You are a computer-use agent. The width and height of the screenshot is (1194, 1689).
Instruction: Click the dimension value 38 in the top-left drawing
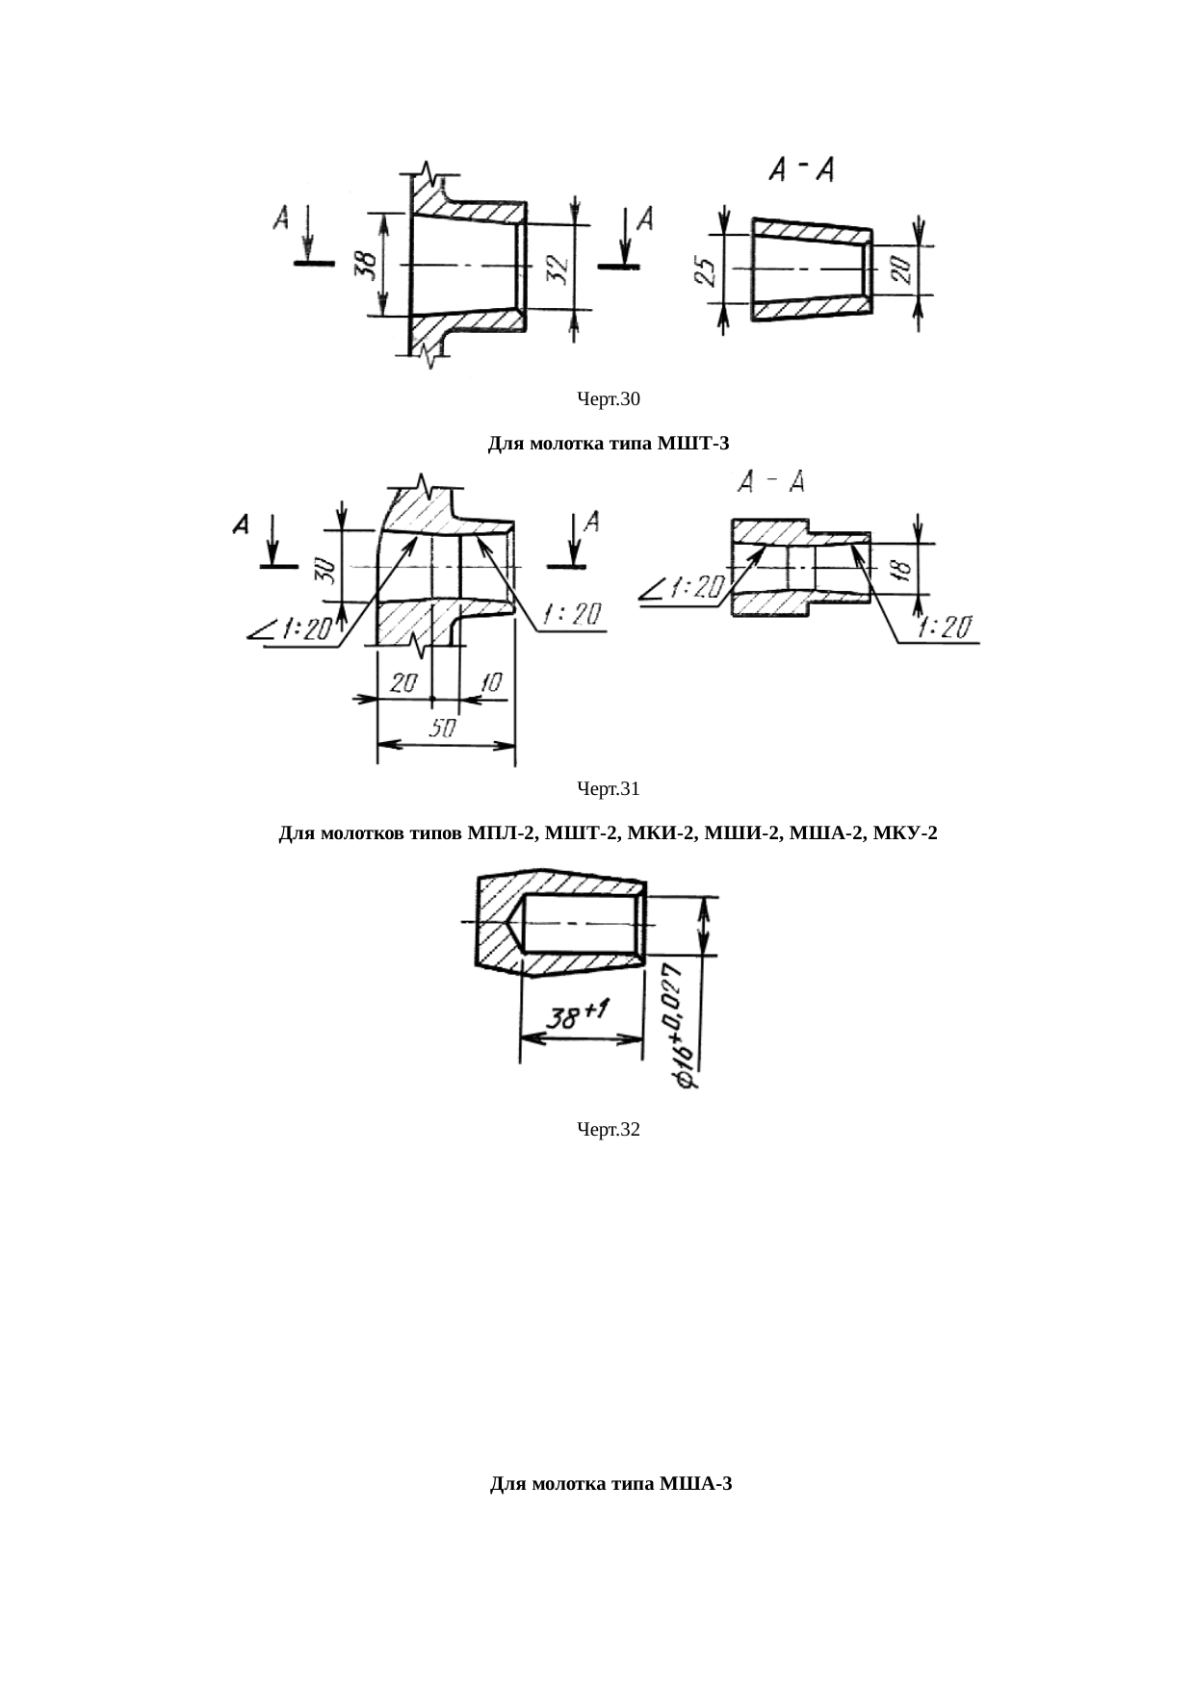click(365, 265)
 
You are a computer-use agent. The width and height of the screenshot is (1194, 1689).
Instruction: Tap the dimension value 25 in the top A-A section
click(706, 271)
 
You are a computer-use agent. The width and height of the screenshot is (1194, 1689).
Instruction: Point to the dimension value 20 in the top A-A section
click(902, 269)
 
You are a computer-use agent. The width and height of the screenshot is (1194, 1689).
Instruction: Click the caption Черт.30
click(609, 398)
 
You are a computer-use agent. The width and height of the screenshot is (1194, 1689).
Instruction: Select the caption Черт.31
click(609, 789)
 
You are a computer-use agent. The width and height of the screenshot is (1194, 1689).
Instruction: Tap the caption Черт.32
click(609, 1129)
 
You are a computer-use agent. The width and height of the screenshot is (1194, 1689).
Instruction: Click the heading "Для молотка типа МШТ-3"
click(609, 444)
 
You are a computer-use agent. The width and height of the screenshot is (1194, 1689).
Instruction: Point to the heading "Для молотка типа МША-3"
click(611, 1483)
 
